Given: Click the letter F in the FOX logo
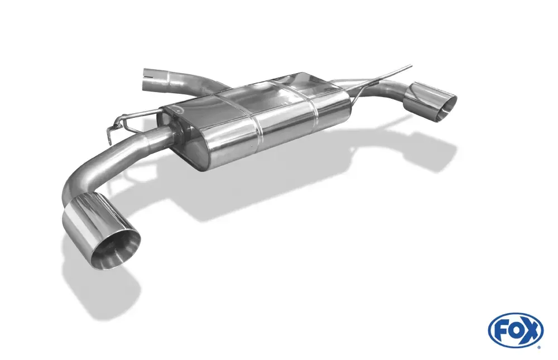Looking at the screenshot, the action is [502, 330].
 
